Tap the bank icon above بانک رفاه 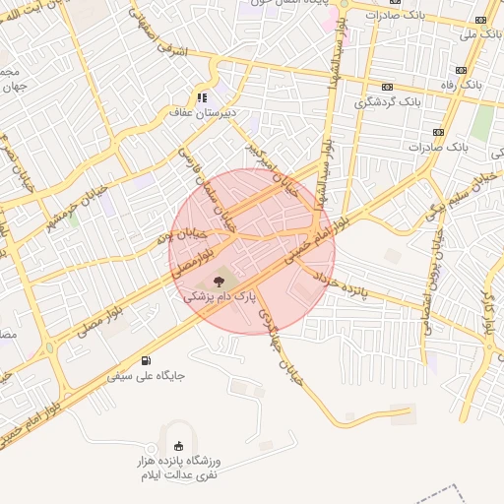[461, 70]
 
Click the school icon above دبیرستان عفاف [201, 97]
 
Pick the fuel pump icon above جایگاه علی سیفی [147, 360]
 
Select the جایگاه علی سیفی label [147, 375]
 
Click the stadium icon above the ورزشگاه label [178, 446]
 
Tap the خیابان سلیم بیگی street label [458, 192]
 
